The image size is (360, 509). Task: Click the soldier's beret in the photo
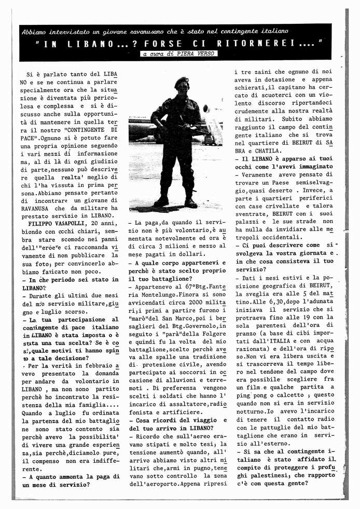[181, 81]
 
